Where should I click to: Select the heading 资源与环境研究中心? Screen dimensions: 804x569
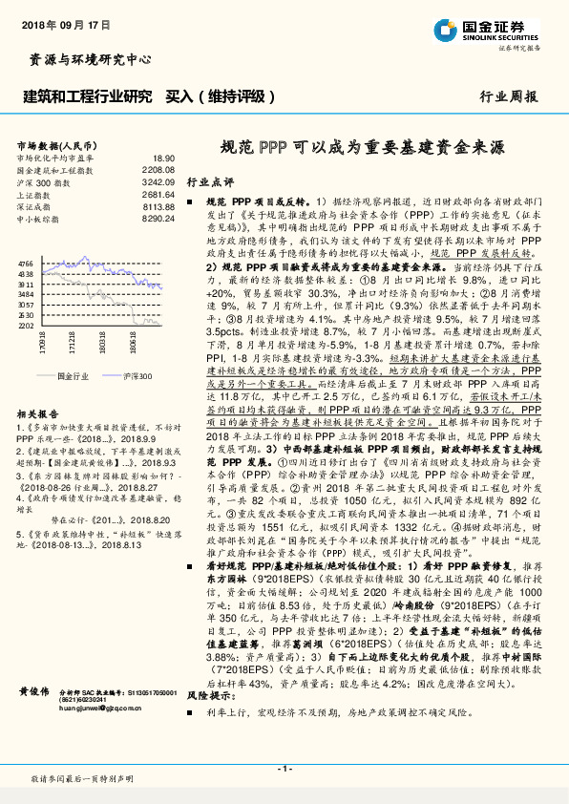pyautogui.click(x=85, y=60)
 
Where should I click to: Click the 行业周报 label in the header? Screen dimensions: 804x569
pyautogui.click(x=509, y=96)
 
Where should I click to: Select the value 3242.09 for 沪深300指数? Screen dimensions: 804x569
pyautogui.click(x=158, y=180)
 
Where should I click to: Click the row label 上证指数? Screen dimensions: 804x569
pyautogui.click(x=33, y=193)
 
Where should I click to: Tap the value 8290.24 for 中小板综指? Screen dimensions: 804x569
pyautogui.click(x=158, y=218)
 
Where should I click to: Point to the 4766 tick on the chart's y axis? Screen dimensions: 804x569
pyautogui.click(x=26, y=263)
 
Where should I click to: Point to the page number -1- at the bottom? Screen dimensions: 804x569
pyautogui.click(x=284, y=769)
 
